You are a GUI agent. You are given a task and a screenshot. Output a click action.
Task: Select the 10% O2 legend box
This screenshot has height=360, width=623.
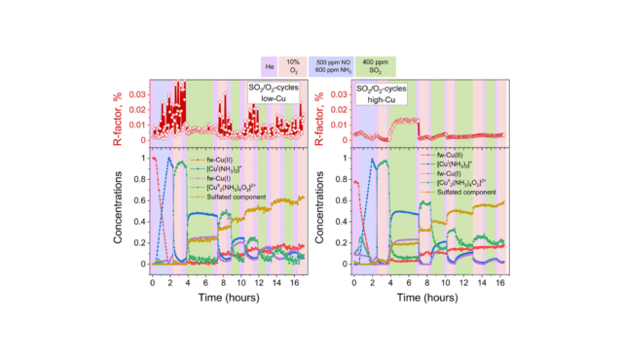click(294, 65)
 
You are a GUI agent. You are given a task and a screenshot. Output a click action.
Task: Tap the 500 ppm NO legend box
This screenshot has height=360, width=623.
click(333, 65)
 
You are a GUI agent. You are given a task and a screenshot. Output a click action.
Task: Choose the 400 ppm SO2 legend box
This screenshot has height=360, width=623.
click(375, 65)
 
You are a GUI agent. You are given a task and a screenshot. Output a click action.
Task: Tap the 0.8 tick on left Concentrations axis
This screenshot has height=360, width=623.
click(139, 179)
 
